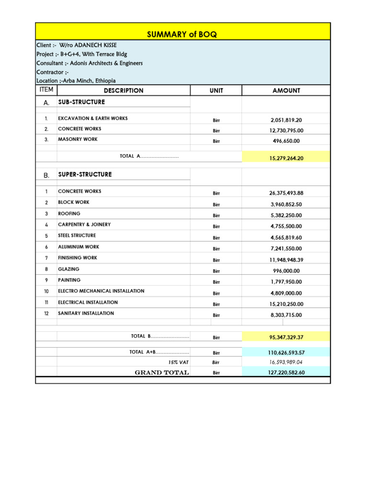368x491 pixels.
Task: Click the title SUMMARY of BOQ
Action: tap(183, 34)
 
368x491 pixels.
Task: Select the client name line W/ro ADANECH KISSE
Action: tap(77, 45)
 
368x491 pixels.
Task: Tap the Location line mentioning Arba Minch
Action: tap(76, 81)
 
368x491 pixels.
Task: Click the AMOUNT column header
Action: tap(286, 90)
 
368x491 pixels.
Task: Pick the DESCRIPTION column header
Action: tap(123, 90)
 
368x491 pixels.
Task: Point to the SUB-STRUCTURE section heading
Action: tap(81, 102)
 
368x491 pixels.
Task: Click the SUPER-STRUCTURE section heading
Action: tap(85, 175)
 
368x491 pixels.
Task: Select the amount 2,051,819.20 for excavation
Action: tap(286, 120)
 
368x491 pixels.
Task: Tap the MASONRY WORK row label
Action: tap(78, 140)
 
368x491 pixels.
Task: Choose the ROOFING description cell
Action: tap(69, 214)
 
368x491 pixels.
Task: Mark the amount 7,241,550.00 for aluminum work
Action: tap(286, 249)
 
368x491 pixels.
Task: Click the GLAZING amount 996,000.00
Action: tap(286, 271)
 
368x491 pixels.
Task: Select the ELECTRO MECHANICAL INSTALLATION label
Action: tap(101, 291)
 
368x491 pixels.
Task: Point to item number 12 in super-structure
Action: tap(46, 314)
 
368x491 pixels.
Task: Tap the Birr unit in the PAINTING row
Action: tap(216, 282)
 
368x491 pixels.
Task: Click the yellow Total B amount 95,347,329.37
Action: tap(286, 338)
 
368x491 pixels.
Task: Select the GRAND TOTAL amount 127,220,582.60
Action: tap(286, 373)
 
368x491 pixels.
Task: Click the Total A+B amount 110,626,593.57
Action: tap(286, 352)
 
